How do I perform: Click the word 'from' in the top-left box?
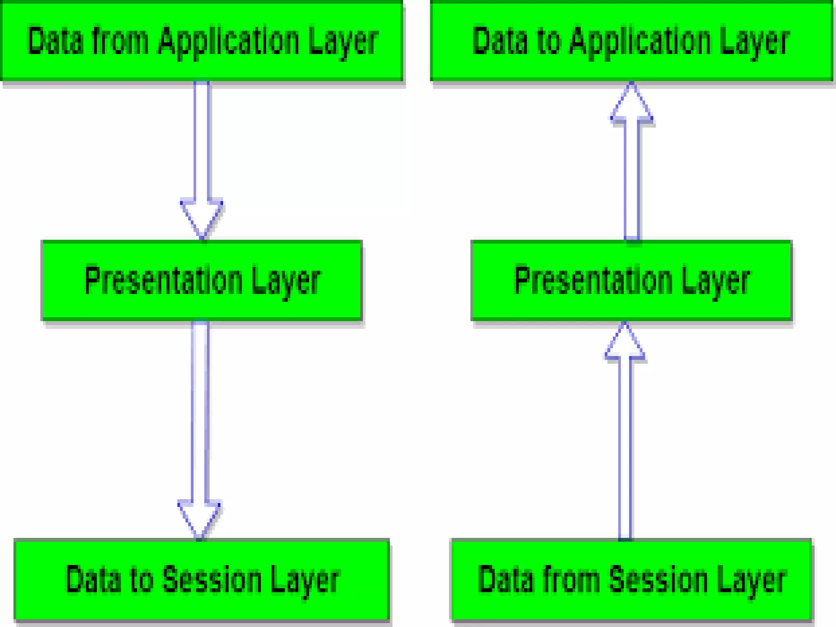(120, 41)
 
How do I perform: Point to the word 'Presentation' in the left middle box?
(163, 281)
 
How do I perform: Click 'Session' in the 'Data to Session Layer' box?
(212, 580)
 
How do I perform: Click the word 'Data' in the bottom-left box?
(93, 580)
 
